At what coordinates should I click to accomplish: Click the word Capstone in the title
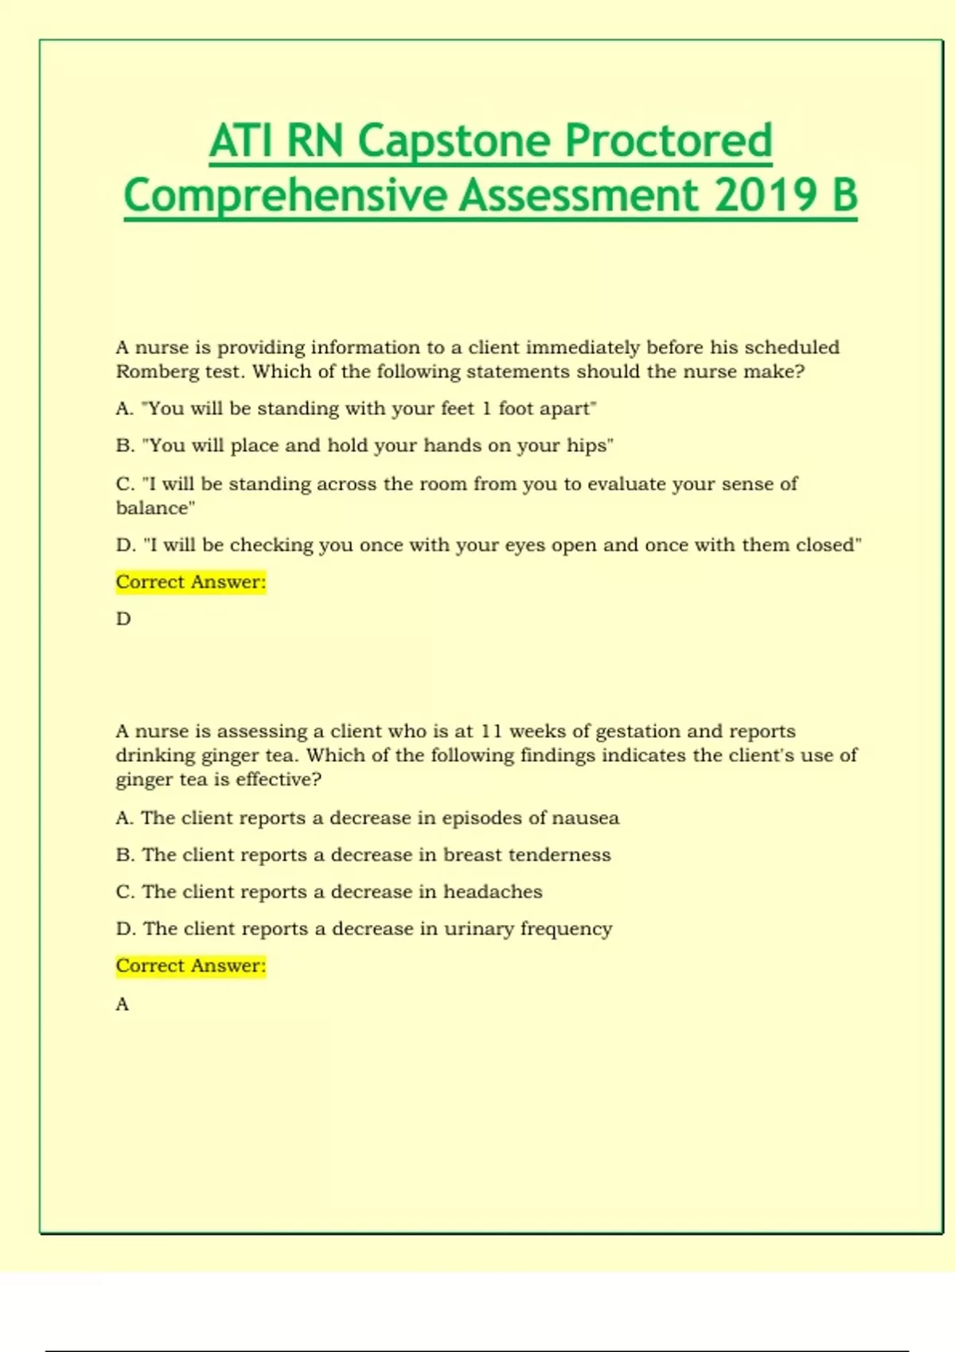[454, 142]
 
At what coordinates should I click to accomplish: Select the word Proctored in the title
[668, 142]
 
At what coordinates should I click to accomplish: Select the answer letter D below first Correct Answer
[123, 619]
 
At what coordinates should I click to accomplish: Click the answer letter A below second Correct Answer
[123, 1004]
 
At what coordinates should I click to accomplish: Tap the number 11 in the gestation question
[492, 731]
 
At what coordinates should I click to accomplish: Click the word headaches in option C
[493, 892]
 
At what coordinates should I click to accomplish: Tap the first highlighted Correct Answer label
[191, 582]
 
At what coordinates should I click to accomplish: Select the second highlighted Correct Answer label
[191, 965]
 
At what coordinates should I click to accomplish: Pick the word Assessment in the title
[579, 196]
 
